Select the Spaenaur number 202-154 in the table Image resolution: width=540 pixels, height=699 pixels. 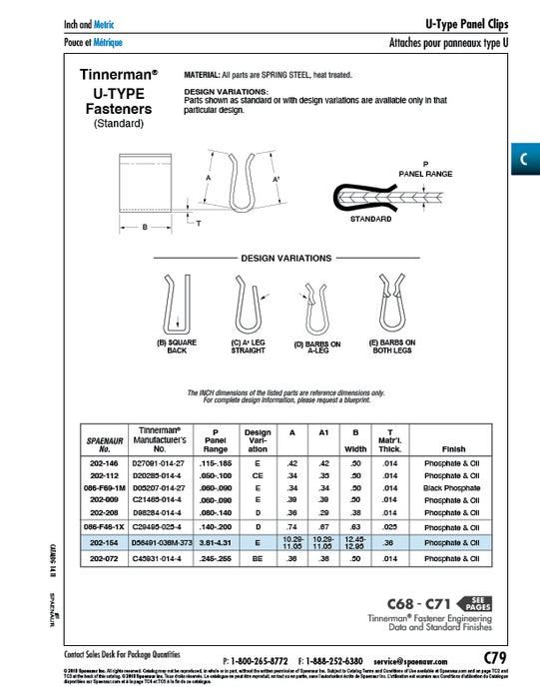(x=104, y=542)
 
